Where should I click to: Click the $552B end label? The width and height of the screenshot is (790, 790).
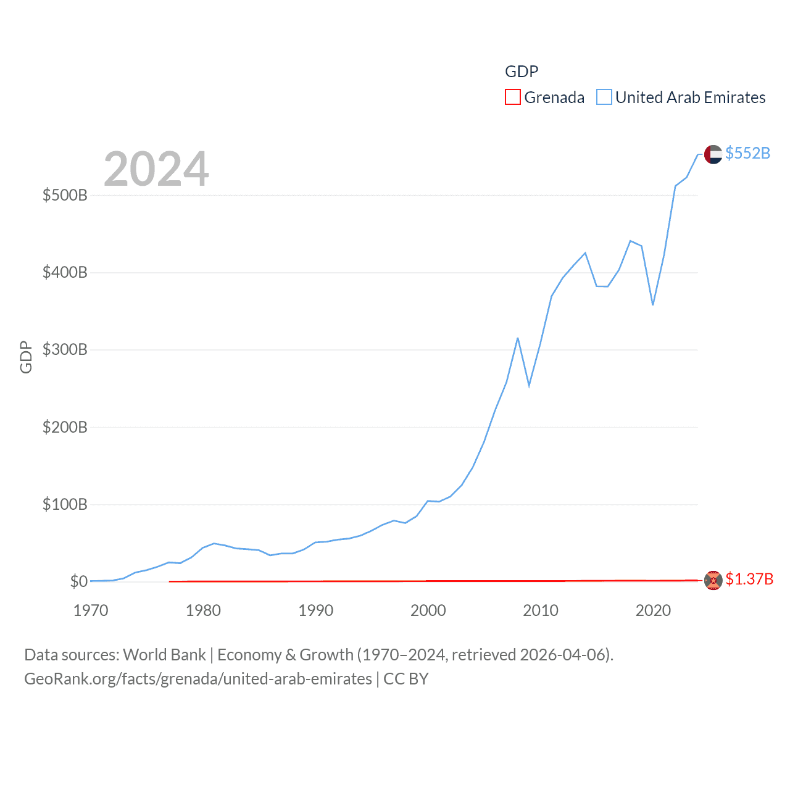pos(747,153)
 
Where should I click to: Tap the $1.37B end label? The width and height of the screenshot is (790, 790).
pos(749,579)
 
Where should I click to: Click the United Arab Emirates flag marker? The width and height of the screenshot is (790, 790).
pos(713,154)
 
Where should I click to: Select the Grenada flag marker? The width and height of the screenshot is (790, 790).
pos(713,581)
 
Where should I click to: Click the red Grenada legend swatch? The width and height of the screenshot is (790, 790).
pos(512,98)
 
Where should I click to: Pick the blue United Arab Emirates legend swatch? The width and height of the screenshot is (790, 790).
pos(604,98)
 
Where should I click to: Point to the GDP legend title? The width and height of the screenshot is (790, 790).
pos(522,72)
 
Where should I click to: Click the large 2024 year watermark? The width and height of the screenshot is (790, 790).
pos(156,168)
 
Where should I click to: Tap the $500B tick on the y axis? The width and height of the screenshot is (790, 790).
pos(65,196)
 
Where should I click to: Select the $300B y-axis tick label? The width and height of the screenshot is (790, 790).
pos(65,350)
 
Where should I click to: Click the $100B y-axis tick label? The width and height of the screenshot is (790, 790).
pos(65,505)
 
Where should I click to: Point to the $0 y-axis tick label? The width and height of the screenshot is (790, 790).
pos(78,581)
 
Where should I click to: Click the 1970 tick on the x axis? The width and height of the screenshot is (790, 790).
pos(91,610)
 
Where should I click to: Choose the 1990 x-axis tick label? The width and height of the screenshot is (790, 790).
pos(315,610)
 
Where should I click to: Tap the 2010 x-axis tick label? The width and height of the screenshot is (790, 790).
pos(541,610)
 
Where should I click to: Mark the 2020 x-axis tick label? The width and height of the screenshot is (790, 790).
pos(653,610)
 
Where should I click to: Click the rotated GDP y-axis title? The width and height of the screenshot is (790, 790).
pos(26,357)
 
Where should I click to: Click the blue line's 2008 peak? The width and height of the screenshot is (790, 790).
pos(518,338)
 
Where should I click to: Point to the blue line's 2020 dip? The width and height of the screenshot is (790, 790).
pos(652,304)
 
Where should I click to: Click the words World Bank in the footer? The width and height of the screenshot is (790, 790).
pos(164,654)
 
